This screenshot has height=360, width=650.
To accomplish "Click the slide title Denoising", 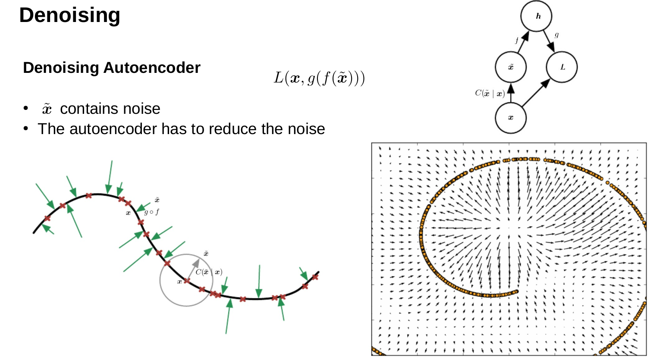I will tap(69, 16).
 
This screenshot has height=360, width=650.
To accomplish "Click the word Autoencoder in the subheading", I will tap(152, 68).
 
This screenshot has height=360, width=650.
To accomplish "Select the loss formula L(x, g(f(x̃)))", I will tap(319, 78).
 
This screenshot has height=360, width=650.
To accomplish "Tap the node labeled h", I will tap(537, 16).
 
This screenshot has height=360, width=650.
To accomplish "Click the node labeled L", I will tap(562, 67).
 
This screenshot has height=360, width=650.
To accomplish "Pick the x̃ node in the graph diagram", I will tap(511, 67).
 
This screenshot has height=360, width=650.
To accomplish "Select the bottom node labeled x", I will tap(511, 118).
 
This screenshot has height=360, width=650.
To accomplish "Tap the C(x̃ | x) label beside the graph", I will tap(490, 93).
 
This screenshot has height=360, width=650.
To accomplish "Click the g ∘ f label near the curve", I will tap(152, 212).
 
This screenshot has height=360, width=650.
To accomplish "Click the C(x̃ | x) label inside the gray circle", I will tap(209, 272).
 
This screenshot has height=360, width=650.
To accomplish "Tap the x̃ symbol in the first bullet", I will tap(47, 109).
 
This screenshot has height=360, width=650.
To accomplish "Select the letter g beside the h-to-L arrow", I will tap(556, 34).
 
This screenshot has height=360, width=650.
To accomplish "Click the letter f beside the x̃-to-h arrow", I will tap(517, 41).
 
